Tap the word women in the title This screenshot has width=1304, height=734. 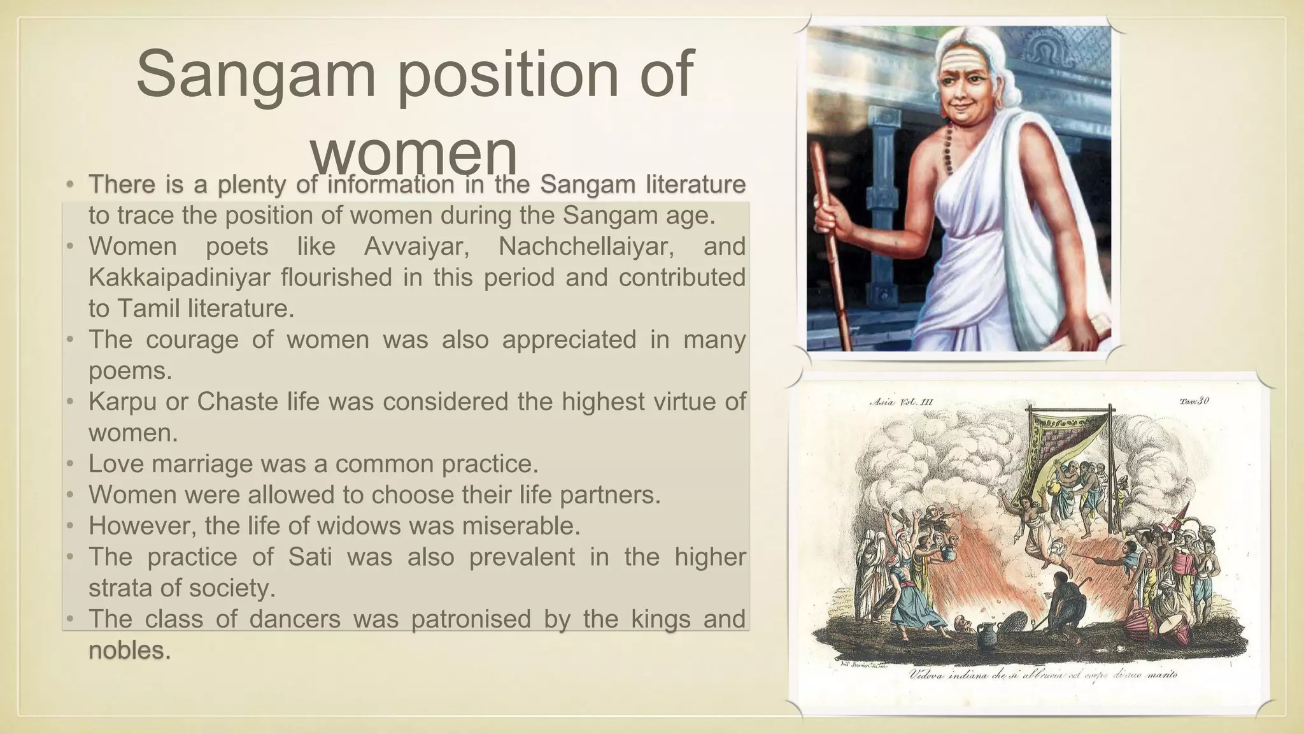[414, 153]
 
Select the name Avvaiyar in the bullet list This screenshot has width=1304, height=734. [416, 247]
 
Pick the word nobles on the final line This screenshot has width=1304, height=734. [127, 650]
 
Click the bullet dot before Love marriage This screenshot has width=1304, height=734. [71, 464]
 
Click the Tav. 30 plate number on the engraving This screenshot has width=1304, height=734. [1193, 401]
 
